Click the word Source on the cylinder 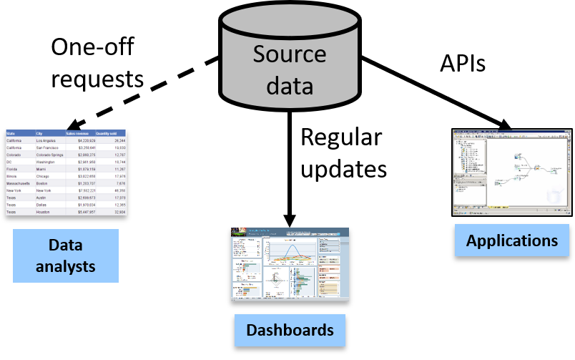pos(289,54)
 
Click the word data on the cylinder pos(289,86)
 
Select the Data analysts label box pos(66,256)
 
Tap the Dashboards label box pos(290,330)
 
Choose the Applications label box pos(512,240)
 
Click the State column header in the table pos(11,133)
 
